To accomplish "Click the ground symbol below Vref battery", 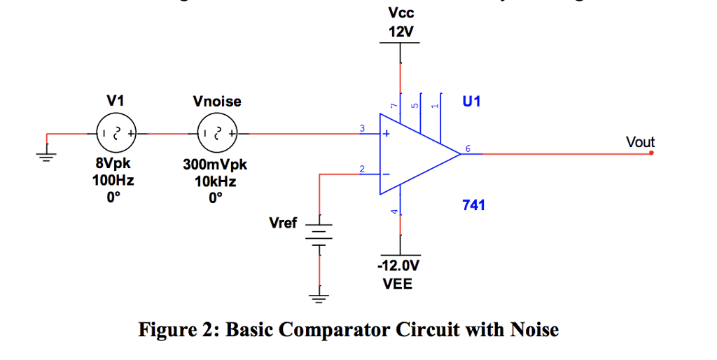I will click(x=319, y=298).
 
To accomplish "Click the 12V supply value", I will click(x=400, y=32).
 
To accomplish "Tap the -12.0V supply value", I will click(x=398, y=266).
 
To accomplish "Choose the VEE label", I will click(x=397, y=284).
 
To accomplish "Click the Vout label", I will click(x=640, y=142).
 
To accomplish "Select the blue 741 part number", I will click(x=473, y=205).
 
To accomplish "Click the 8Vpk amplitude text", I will click(x=113, y=165).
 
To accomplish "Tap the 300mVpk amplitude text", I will click(x=215, y=165).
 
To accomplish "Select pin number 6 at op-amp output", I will click(x=468, y=148).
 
